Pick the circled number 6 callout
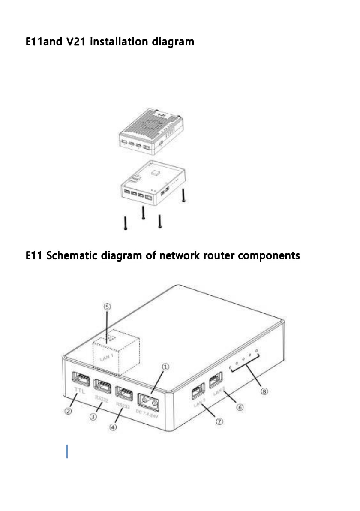(x=240, y=406)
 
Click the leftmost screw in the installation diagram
(x=125, y=222)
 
